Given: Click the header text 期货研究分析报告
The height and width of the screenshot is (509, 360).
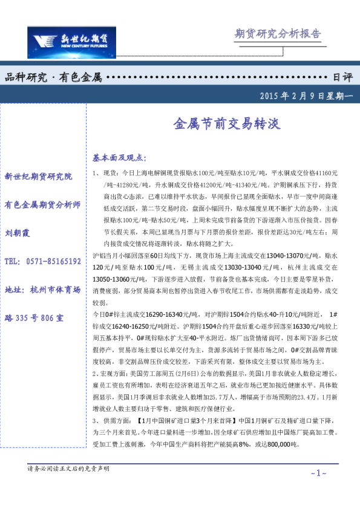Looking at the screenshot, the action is click(278, 33).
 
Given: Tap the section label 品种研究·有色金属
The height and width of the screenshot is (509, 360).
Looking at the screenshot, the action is click(53, 77).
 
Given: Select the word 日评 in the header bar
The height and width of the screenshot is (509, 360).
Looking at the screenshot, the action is click(342, 77).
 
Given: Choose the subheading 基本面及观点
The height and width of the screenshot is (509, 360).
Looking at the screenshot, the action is click(120, 158).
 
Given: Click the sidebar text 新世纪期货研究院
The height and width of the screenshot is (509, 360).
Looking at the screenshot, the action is click(38, 177).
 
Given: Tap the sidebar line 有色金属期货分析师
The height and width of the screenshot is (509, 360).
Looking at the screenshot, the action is click(42, 205).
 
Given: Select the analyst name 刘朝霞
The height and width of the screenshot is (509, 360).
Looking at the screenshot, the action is click(17, 233).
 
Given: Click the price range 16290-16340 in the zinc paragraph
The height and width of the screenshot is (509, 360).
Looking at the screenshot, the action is click(146, 315).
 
